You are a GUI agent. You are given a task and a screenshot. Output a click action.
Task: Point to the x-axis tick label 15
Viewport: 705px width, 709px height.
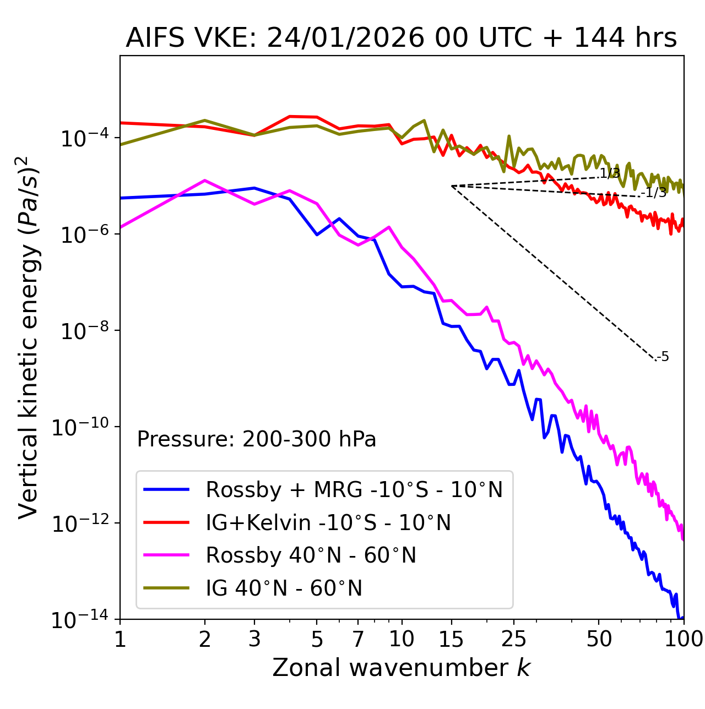[x=452, y=639]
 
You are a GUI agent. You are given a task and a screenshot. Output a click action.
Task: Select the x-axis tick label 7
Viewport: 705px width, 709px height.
[x=359, y=639]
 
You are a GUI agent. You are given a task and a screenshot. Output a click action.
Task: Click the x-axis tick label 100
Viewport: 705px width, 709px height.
[x=683, y=639]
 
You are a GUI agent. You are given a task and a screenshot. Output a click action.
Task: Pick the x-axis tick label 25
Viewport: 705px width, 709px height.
[x=514, y=639]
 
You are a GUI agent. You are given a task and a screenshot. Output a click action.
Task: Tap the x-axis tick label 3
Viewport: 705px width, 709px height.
[x=254, y=639]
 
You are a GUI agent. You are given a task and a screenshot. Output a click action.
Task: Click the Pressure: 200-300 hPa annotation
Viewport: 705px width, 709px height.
[x=257, y=439]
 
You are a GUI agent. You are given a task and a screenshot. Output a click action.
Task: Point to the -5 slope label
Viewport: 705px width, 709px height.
[x=664, y=357]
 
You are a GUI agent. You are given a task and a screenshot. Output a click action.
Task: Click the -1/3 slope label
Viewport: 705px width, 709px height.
[x=655, y=193]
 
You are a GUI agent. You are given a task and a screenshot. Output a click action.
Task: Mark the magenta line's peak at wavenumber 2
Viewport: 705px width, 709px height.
[x=205, y=181]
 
